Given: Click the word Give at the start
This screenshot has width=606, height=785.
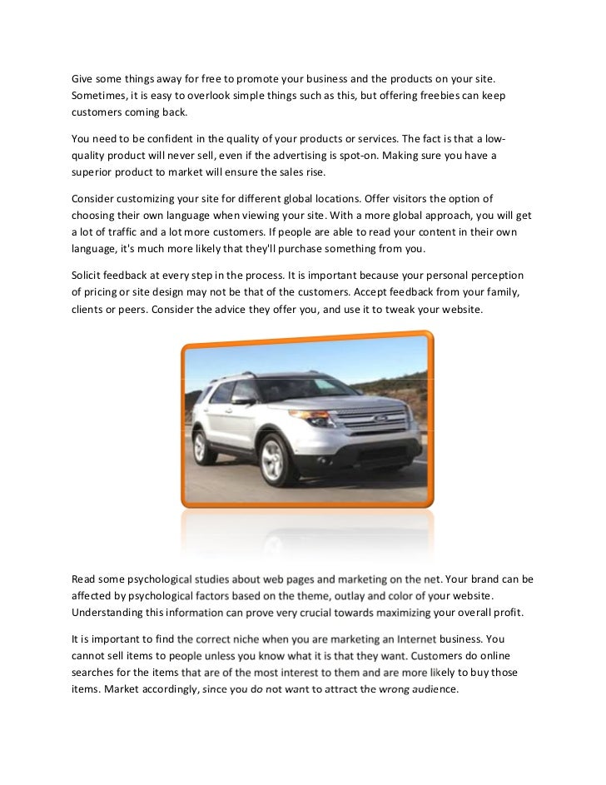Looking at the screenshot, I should coord(85,79).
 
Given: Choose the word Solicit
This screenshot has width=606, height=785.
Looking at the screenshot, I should coord(89,276).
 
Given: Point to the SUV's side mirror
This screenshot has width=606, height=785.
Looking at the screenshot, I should coord(242,400).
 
